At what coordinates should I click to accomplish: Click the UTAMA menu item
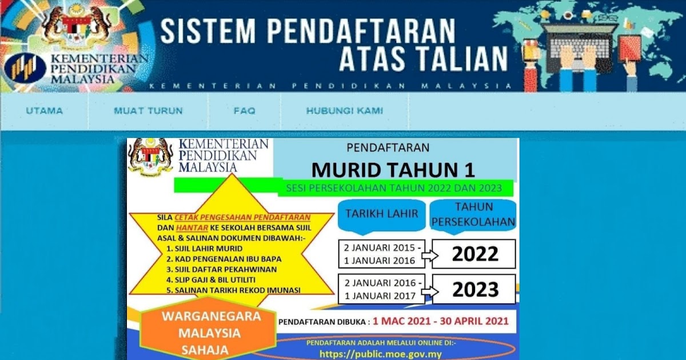tap(44, 111)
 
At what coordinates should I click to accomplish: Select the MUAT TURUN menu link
tap(148, 111)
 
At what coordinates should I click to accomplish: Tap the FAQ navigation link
tap(244, 111)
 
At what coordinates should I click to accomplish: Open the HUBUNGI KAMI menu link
tap(344, 111)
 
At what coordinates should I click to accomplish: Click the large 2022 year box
tap(474, 254)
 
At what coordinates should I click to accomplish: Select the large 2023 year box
tap(474, 289)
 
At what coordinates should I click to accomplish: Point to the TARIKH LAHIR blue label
tap(382, 214)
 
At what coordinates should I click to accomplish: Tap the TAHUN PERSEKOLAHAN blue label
tap(474, 214)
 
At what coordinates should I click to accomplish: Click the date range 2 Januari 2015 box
tap(381, 254)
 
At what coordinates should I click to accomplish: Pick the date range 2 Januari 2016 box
tap(381, 289)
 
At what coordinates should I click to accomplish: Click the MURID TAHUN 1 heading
tap(393, 170)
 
